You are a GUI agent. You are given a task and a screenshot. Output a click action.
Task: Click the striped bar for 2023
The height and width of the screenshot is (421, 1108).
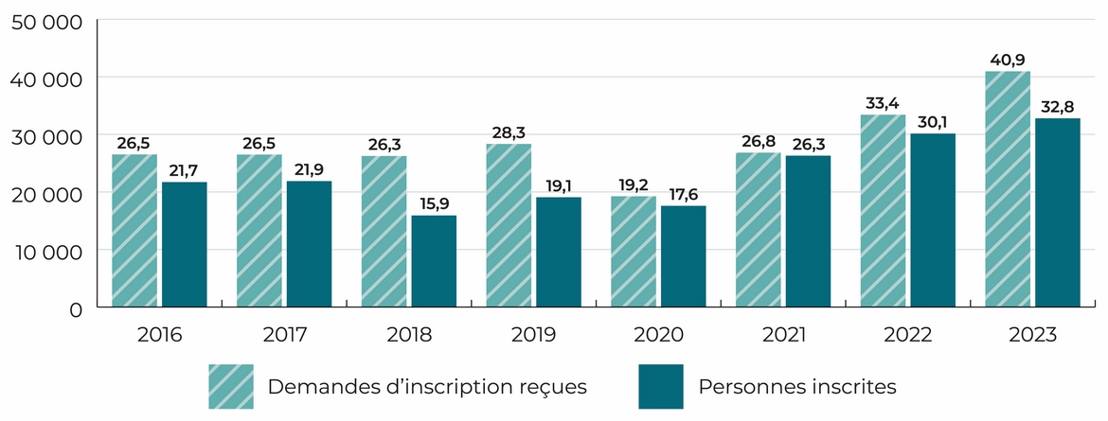point(1008,189)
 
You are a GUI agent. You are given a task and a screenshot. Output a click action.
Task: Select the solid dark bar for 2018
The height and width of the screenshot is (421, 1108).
point(434,261)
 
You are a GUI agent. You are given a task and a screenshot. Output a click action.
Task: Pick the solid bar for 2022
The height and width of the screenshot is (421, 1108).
point(933,220)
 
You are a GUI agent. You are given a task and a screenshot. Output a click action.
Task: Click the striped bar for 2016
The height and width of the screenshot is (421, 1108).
point(134,231)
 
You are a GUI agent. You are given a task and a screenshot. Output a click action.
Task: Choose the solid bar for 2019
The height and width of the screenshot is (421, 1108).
point(559,252)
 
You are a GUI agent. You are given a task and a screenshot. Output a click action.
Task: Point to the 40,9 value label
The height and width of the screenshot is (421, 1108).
point(1008,59)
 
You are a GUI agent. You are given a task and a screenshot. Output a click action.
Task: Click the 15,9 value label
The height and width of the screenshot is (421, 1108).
point(434,203)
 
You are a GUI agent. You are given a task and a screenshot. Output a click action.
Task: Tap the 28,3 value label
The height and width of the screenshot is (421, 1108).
point(509,132)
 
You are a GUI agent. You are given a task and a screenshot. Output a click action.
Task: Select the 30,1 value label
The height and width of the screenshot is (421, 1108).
point(933,121)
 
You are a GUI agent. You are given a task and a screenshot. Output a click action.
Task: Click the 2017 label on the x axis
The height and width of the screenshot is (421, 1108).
point(284,334)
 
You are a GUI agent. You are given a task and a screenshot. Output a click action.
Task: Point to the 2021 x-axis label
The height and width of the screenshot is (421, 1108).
point(783,334)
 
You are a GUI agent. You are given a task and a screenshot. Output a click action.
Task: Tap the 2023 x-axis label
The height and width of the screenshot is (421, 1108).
point(1032,334)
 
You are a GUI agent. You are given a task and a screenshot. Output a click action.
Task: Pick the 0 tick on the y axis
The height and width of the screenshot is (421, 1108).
point(76,308)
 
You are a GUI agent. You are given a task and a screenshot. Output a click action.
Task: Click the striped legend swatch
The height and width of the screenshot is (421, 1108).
point(231,386)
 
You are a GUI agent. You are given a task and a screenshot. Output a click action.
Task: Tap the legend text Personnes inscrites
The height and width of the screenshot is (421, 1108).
point(796,386)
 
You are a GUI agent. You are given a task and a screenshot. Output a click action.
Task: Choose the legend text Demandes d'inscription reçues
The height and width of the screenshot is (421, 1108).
point(428,386)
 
